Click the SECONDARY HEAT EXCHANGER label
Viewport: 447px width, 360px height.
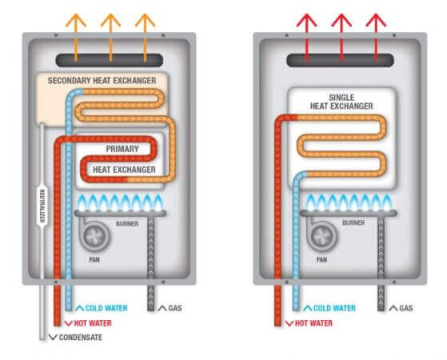[x=102, y=82]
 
